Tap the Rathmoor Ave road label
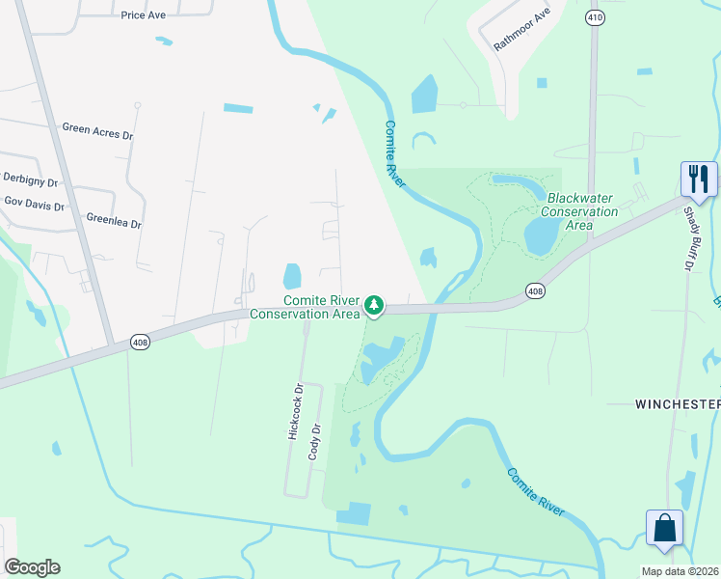521,30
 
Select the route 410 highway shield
595,17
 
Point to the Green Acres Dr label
96,128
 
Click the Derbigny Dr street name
30,180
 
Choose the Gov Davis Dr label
34,205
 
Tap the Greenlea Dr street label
113,221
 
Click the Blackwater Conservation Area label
578,211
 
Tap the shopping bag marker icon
664,529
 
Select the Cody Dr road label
314,441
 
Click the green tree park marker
374,306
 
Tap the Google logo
32,567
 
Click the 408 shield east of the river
536,289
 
